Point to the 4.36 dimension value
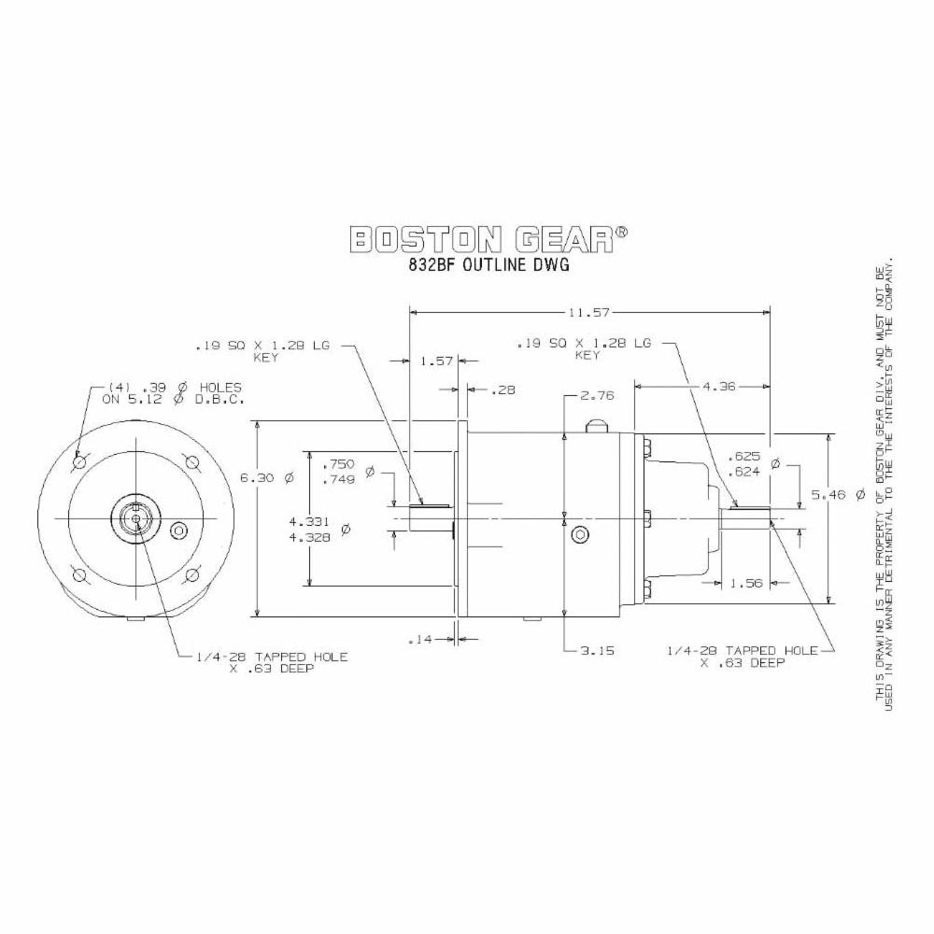click(x=702, y=384)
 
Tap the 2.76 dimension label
click(x=596, y=396)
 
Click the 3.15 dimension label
click(x=596, y=651)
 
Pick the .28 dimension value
click(x=502, y=389)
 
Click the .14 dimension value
click(x=422, y=640)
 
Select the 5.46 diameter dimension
click(x=855, y=494)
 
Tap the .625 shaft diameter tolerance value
click(x=749, y=458)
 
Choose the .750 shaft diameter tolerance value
click(x=337, y=464)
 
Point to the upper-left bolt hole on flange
click(x=81, y=461)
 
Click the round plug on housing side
click(x=580, y=534)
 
